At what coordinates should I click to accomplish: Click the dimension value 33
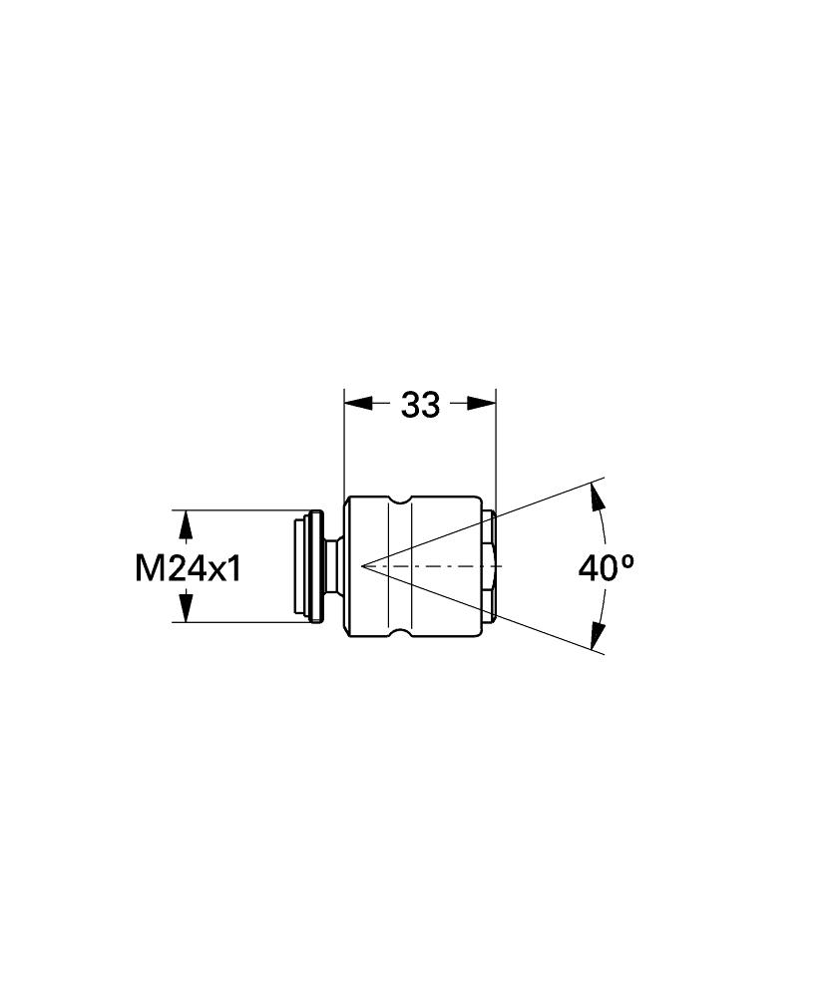point(420,405)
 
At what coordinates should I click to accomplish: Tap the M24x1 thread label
point(189,568)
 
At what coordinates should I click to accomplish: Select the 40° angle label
point(607,567)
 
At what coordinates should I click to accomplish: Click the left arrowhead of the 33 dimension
point(358,403)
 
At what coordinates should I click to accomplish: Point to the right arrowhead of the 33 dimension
point(481,403)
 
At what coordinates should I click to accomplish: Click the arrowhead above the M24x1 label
point(186,525)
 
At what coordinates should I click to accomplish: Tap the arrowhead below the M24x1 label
point(186,606)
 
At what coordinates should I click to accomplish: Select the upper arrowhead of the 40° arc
point(598,498)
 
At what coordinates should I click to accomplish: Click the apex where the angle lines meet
point(361,565)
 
